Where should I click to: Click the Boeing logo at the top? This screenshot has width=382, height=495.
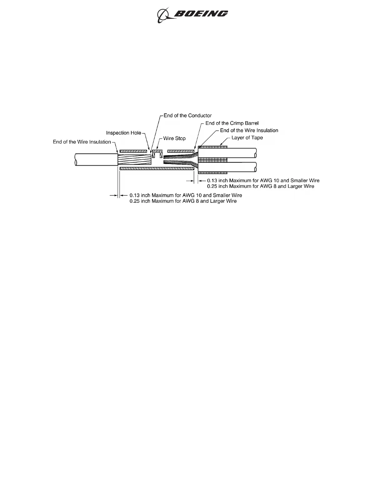coord(192,15)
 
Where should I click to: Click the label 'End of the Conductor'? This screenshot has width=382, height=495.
coord(187,116)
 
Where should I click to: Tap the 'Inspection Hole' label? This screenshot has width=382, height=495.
coord(124,133)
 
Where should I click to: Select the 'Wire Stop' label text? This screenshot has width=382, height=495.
coord(174,138)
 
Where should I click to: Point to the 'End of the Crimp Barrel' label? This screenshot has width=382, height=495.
coord(232,123)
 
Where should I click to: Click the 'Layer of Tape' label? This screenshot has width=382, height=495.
coord(247,138)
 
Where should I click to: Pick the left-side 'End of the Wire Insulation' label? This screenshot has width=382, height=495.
coord(82,142)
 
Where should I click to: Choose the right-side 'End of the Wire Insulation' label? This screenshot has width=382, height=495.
coord(249,131)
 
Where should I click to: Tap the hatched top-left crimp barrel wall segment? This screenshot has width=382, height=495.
coord(133,151)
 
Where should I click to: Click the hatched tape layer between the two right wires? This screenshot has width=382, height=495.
coord(212,160)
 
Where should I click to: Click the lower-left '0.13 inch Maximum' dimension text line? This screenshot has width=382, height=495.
coord(186,195)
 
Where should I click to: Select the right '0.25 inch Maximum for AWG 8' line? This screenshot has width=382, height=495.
coord(260,186)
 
